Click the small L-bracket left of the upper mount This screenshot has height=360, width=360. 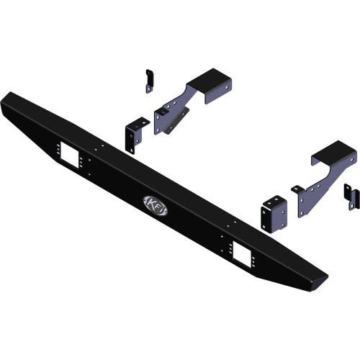point(135,135)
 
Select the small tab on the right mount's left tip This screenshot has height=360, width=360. point(296,189)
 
